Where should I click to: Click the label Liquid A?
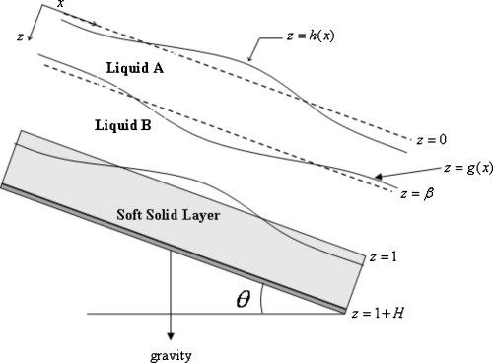[136, 69]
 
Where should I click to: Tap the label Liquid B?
[124, 125]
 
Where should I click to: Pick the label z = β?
[419, 192]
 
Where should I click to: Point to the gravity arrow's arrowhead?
[172, 335]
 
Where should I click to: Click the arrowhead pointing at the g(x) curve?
[377, 179]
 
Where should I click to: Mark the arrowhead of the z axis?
[32, 39]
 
